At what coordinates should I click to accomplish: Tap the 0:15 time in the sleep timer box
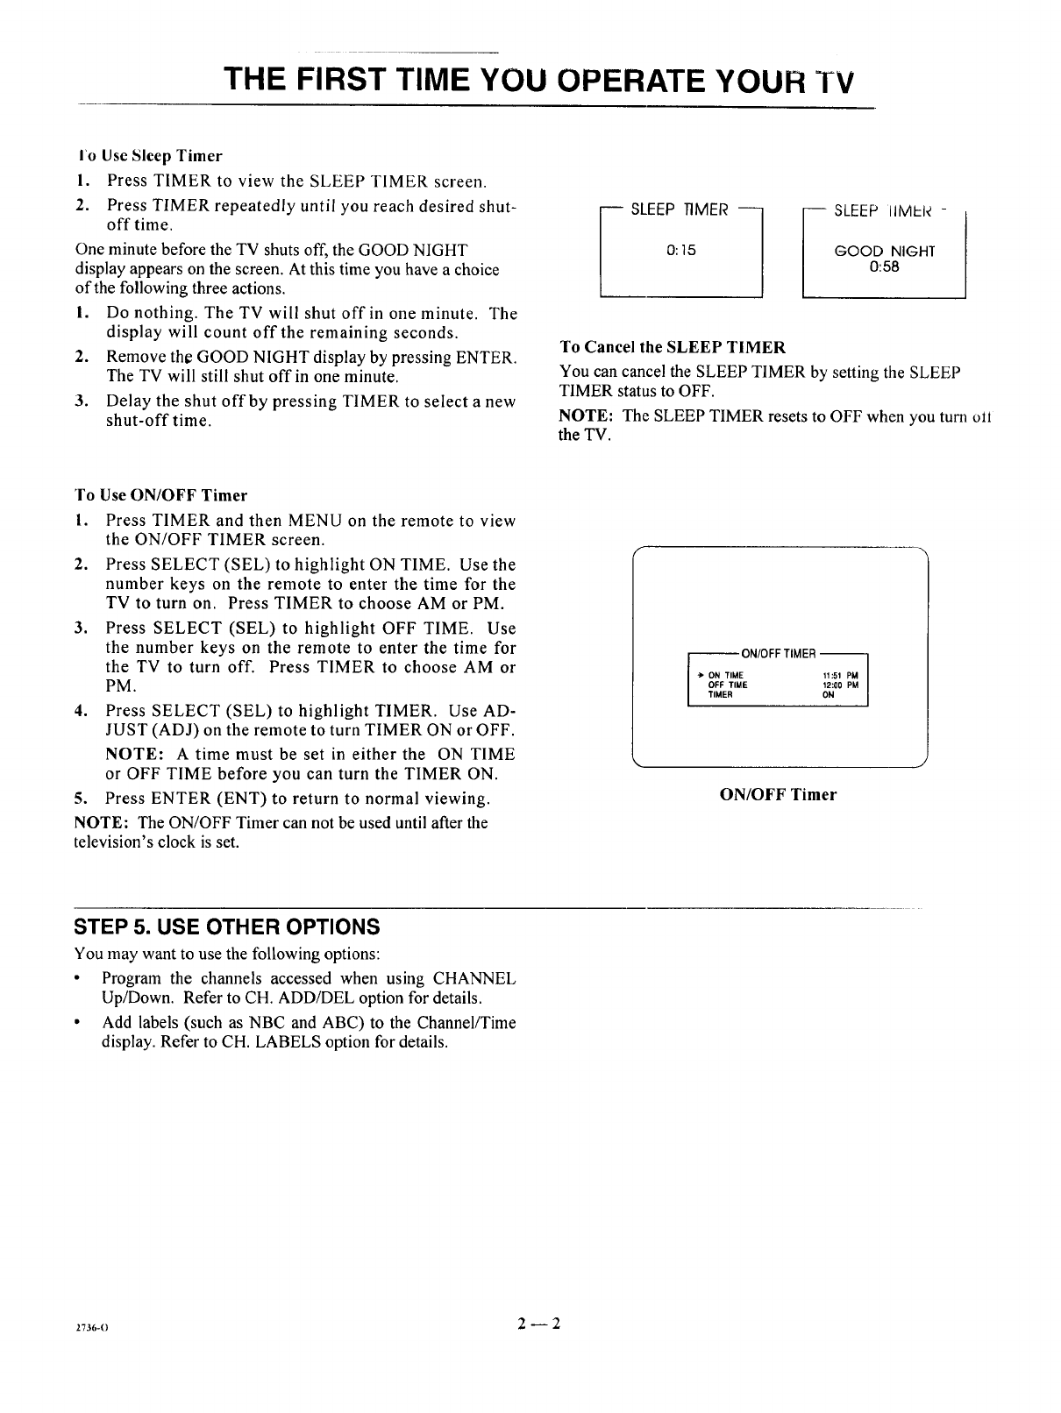680,251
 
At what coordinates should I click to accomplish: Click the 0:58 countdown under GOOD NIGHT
884,267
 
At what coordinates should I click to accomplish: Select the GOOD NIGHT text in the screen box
885,252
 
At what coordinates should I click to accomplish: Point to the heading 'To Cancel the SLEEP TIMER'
672,347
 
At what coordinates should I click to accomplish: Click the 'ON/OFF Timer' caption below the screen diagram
778,795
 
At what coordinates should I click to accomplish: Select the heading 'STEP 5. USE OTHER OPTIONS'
227,927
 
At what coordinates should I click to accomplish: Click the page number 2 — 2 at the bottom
538,1324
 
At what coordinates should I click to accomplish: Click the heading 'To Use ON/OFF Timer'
161,495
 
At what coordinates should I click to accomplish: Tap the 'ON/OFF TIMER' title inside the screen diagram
779,654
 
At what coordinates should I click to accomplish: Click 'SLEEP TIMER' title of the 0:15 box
680,210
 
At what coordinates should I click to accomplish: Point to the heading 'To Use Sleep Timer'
149,156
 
